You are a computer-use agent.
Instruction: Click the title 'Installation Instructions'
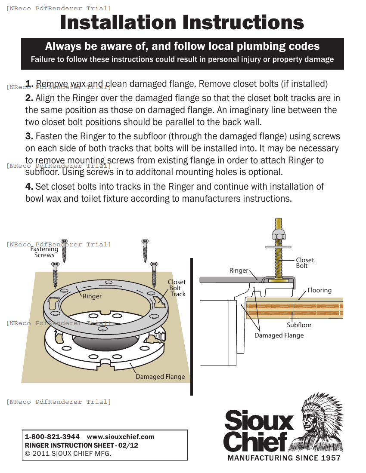[182, 23]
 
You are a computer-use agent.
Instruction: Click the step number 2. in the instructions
[29, 98]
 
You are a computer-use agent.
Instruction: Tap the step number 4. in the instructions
[29, 187]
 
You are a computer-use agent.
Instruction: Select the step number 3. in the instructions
[29, 137]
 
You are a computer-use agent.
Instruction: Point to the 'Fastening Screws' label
[44, 252]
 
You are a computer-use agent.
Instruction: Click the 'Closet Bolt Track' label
[177, 288]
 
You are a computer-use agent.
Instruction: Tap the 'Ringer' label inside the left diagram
[92, 296]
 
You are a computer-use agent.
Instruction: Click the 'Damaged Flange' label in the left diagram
[160, 377]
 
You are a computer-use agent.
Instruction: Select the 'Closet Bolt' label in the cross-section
[305, 263]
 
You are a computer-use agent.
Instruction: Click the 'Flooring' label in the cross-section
[319, 290]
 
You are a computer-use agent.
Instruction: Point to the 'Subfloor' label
[299, 325]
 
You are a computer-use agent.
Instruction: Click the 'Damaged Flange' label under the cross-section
[279, 335]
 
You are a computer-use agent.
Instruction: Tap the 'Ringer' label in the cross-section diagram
[239, 270]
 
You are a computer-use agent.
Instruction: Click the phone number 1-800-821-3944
[52, 437]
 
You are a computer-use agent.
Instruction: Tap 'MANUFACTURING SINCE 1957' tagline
[284, 458]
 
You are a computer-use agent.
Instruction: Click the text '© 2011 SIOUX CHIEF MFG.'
[68, 454]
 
